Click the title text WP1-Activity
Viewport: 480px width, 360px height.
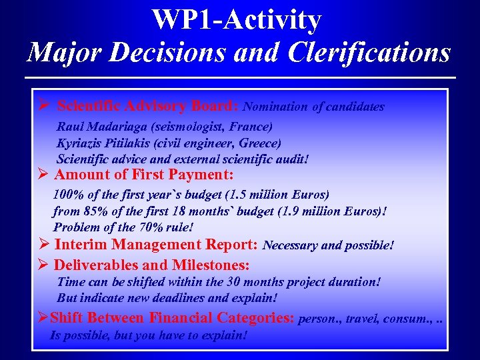pyautogui.click(x=237, y=20)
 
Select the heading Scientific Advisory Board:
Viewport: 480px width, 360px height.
pyautogui.click(x=148, y=106)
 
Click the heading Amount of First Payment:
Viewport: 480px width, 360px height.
pyautogui.click(x=143, y=175)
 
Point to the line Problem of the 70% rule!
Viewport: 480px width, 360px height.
pyautogui.click(x=123, y=227)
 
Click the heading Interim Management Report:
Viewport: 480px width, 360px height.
pyautogui.click(x=157, y=245)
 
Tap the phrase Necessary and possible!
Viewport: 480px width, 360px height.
pyautogui.click(x=329, y=245)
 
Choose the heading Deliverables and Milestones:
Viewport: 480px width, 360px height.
pyautogui.click(x=151, y=265)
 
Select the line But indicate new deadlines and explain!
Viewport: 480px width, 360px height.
pyautogui.click(x=167, y=298)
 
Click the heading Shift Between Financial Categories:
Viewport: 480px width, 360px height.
pyautogui.click(x=172, y=318)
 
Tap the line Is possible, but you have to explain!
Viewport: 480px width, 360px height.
pyautogui.click(x=149, y=335)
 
